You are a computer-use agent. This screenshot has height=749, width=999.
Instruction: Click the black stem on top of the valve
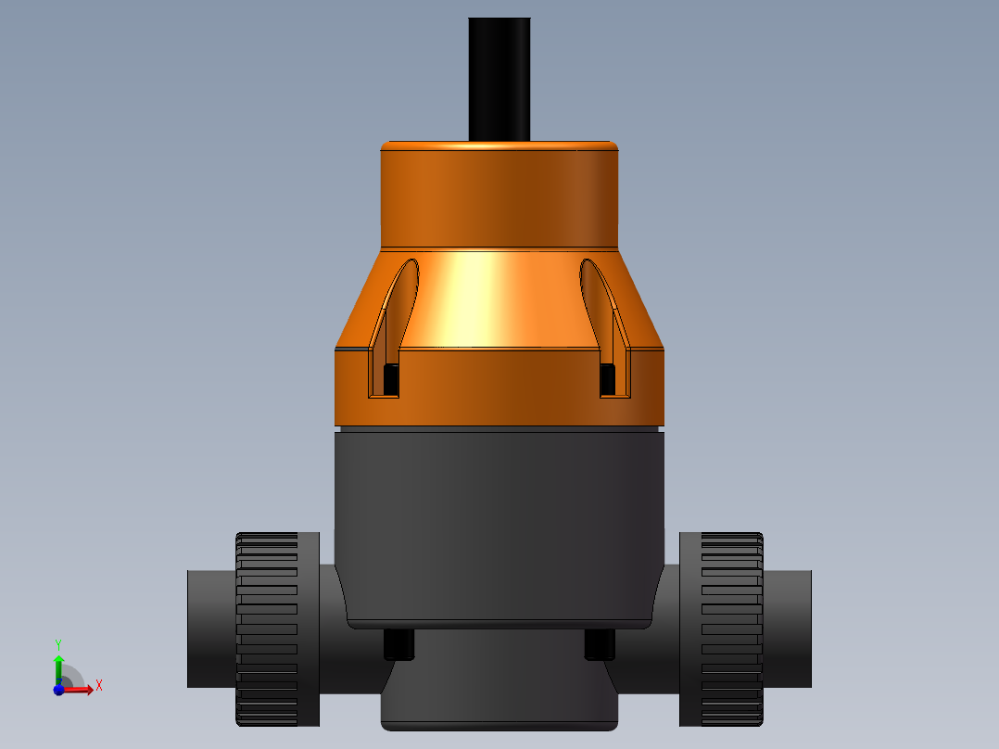click(x=499, y=79)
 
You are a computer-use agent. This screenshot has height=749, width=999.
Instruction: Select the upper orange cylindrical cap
click(x=499, y=195)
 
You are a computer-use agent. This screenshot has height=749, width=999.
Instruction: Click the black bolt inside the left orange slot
click(x=391, y=377)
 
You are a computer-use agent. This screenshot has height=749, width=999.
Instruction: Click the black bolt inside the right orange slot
click(x=607, y=377)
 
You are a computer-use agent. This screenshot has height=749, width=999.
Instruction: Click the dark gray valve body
click(x=499, y=519)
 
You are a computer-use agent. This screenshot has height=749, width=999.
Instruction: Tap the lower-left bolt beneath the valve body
click(x=397, y=645)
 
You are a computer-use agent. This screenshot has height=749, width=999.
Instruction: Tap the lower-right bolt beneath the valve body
click(x=600, y=645)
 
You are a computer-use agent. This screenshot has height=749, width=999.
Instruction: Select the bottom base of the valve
click(x=499, y=686)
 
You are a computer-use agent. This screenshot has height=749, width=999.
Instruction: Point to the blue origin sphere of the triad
click(x=58, y=690)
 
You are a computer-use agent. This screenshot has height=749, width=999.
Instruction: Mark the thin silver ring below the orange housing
click(x=499, y=429)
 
